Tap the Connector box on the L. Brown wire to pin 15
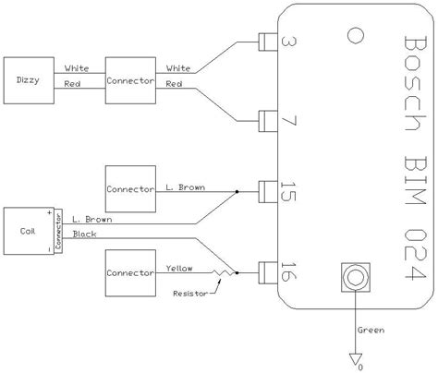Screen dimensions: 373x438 click(x=129, y=189)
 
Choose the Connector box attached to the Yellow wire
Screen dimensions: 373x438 click(x=129, y=273)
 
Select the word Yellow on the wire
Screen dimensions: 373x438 click(x=179, y=268)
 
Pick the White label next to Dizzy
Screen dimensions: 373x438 click(x=77, y=67)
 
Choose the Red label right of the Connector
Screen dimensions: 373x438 click(x=173, y=85)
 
